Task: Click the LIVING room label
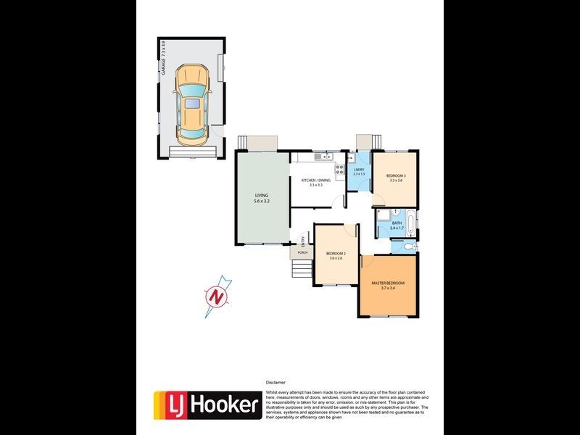tap(262, 198)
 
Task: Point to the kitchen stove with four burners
tap(339, 171)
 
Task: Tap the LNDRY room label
tap(359, 172)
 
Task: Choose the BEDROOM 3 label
tap(396, 178)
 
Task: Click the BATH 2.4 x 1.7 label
tap(396, 225)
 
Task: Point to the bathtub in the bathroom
tap(411, 223)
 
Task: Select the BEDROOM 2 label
tap(336, 255)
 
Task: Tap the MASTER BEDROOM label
tap(388, 286)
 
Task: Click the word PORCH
tap(302, 252)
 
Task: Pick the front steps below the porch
tap(301, 270)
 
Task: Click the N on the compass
tap(215, 297)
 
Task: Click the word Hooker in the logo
tap(224, 405)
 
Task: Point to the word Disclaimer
tap(276, 381)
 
